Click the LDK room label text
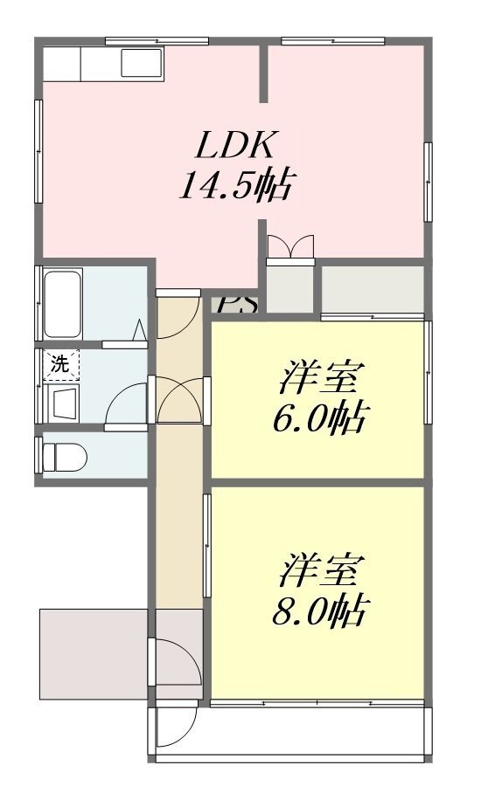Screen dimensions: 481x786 click(x=235, y=145)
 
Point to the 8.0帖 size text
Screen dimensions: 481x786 click(x=318, y=610)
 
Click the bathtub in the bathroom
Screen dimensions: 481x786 click(x=63, y=304)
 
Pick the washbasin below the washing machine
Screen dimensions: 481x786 click(x=63, y=401)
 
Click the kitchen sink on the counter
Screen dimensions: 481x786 click(x=142, y=63)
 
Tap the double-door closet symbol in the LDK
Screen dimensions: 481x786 click(x=290, y=248)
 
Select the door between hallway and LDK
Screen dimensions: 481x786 click(x=178, y=314)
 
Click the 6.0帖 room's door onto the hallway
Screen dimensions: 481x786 click(x=182, y=401)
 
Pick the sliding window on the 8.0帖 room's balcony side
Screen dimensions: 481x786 click(x=317, y=703)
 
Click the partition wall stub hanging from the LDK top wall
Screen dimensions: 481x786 click(x=263, y=73)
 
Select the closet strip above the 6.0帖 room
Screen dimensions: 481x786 click(x=373, y=289)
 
